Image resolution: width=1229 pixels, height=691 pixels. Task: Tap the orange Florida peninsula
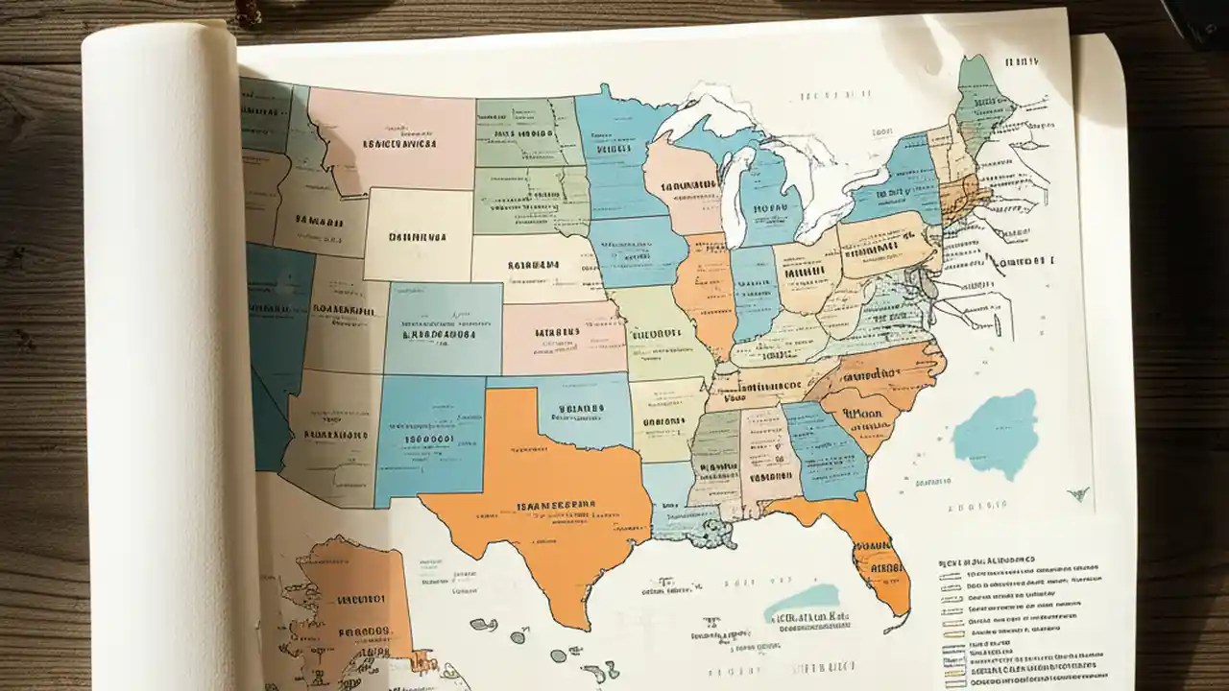point(879,557)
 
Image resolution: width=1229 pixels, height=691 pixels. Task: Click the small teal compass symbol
point(1078,493)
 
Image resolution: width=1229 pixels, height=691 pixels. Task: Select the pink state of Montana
point(394,139)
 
